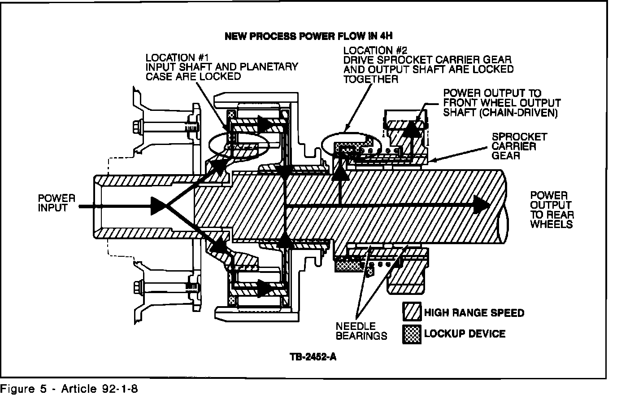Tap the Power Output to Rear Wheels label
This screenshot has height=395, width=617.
[552, 210]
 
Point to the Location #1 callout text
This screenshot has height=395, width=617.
[222, 67]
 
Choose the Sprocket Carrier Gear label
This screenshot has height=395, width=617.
[519, 146]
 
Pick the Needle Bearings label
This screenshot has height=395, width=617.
[361, 331]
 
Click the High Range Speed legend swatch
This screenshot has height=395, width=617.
[412, 312]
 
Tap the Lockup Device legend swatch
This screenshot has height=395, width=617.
[412, 334]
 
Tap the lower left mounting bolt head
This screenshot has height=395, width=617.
[136, 285]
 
